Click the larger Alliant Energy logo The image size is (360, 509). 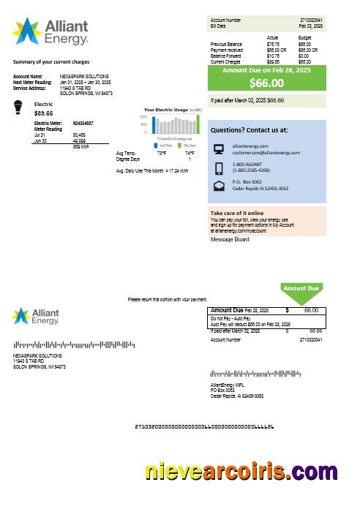(50, 31)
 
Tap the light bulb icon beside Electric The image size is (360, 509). (19, 109)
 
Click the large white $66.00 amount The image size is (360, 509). (266, 83)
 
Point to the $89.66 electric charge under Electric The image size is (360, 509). (43, 113)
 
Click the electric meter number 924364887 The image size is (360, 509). (83, 124)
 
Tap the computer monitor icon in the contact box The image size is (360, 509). (219, 149)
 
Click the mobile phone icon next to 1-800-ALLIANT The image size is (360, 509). (219, 168)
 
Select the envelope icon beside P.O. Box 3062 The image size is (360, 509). (219, 186)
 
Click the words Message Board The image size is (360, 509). (230, 239)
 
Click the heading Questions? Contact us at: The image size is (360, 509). (249, 129)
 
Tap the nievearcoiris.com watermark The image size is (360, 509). (241, 472)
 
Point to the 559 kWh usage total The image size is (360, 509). (81, 146)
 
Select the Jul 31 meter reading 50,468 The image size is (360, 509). (78, 135)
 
